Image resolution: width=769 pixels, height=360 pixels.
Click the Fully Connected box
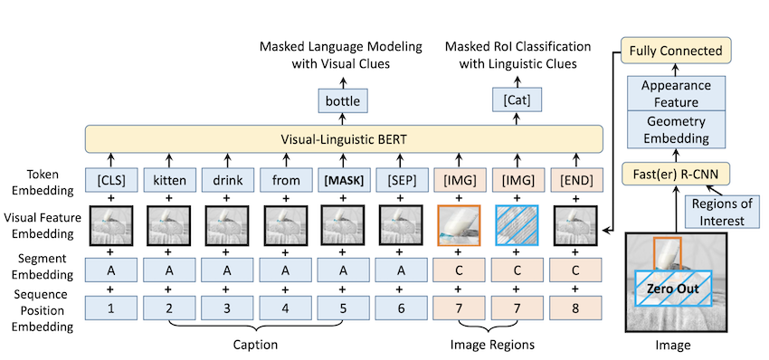[676, 50]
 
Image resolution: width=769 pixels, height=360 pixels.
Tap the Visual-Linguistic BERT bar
[344, 138]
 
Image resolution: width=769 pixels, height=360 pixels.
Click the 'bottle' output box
[342, 101]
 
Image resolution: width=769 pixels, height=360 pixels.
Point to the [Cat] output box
[517, 101]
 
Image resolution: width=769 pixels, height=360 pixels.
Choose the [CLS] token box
[111, 180]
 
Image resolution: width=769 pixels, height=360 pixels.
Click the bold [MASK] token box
[343, 180]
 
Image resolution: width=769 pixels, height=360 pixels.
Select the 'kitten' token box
[168, 180]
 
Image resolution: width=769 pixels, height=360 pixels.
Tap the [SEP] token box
[400, 180]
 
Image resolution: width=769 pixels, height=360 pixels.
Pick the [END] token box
[575, 180]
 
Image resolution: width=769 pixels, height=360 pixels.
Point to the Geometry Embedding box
[677, 129]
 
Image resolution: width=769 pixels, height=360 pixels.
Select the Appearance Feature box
[677, 94]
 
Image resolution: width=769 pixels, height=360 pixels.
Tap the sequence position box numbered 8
[575, 309]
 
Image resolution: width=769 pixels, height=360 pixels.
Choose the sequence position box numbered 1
[111, 309]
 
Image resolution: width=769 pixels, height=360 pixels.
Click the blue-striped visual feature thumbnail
[517, 225]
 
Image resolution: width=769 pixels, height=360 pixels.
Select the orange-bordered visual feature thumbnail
[459, 225]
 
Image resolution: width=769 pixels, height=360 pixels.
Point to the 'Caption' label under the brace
[254, 345]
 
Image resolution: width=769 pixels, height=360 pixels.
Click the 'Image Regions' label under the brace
[492, 345]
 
